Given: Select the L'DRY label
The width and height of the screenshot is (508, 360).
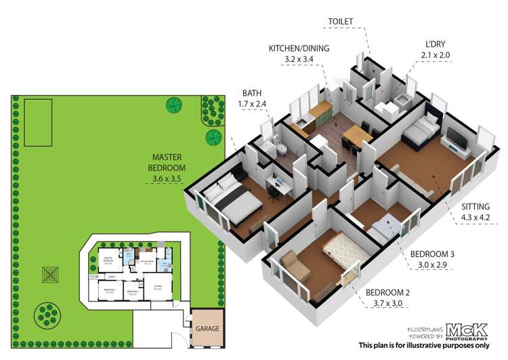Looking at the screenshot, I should (431, 43).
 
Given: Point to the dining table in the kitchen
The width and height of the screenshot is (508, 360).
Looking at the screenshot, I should (357, 136).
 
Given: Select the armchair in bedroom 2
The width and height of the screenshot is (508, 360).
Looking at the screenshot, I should (294, 263).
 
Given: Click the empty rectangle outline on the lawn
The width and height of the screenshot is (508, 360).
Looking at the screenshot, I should (39, 123).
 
